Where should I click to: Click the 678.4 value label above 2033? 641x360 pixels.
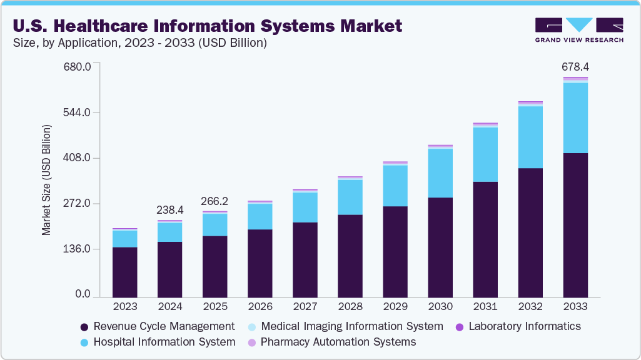tap(575, 67)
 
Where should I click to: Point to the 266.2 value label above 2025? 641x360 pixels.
tap(215, 202)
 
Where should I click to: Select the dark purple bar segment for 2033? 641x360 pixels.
tap(575, 225)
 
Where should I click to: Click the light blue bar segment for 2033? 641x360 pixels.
tap(575, 118)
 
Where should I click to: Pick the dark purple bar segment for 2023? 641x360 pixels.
tap(125, 272)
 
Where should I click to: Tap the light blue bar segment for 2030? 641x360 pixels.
tap(440, 173)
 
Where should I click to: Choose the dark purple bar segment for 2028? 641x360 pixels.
tap(350, 256)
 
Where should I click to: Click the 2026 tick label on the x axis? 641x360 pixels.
tap(260, 307)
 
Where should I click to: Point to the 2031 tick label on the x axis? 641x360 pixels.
tap(485, 307)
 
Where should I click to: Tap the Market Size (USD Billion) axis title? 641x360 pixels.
tap(46, 180)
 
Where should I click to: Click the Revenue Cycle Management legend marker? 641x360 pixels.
tap(85, 327)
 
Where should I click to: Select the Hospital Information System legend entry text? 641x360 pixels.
tap(164, 342)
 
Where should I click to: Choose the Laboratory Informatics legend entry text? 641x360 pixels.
tap(525, 326)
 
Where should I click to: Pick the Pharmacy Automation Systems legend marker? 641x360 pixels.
tap(252, 342)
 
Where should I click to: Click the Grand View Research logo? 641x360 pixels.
tap(579, 30)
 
